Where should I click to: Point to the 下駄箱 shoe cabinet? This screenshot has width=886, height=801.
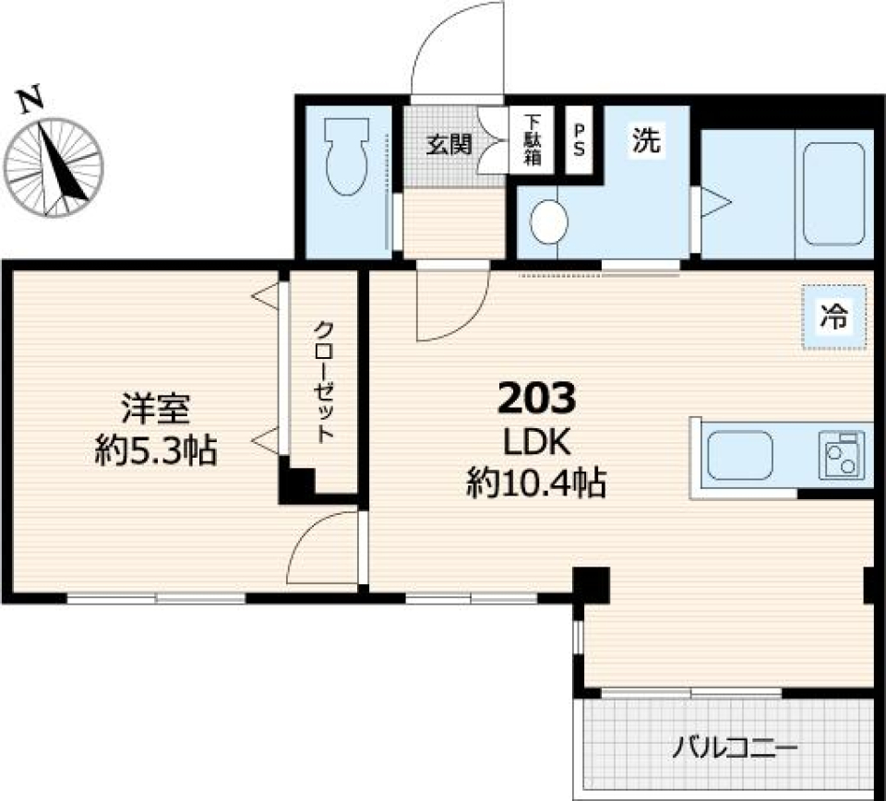tap(533, 140)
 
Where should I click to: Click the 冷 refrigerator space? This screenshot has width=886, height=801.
tap(834, 317)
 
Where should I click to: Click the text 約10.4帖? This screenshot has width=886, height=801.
tap(536, 482)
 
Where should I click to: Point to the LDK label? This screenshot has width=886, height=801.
tap(536, 444)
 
